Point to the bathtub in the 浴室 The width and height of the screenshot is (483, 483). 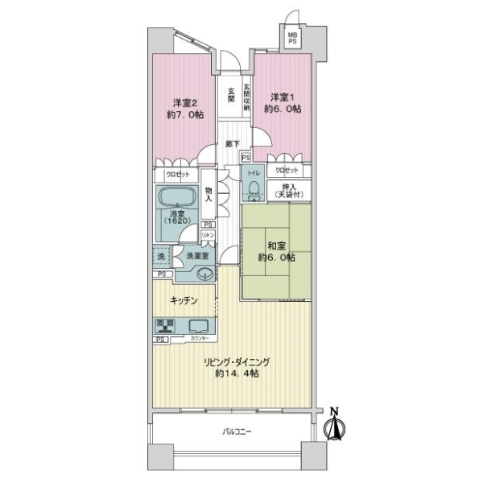coord(180,200)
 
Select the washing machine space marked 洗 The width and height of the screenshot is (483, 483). coord(163,257)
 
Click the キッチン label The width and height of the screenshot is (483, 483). coord(184,301)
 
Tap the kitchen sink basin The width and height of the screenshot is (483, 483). coord(198,326)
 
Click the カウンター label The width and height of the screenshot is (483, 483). coord(197,340)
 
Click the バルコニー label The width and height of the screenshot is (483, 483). coord(237,433)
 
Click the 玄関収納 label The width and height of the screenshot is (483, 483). coord(247,96)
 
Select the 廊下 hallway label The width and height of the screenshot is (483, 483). coord(232,143)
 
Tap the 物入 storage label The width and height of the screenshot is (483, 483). coord(208,193)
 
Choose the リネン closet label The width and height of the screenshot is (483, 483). coord(208,234)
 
